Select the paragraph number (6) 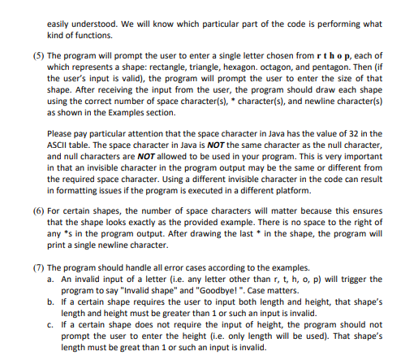pyautogui.click(x=37, y=210)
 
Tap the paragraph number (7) pyautogui.click(x=37, y=266)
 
